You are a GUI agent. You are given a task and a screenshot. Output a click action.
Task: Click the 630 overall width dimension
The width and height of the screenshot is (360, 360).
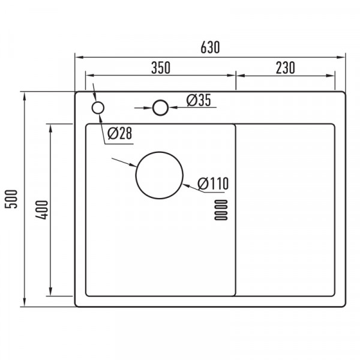(210, 47)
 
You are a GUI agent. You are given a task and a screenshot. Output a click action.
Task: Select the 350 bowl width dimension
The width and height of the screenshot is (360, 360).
(161, 68)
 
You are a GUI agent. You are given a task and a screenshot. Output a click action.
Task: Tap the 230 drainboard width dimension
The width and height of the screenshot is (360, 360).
(285, 68)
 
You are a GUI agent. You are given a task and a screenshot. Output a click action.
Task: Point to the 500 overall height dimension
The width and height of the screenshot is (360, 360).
(11, 199)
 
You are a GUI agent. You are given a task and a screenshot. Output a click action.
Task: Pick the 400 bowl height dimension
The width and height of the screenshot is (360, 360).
(42, 210)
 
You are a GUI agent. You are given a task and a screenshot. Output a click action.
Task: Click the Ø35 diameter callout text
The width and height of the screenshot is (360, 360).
(199, 100)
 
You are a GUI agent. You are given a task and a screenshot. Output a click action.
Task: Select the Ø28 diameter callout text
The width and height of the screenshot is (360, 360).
(119, 133)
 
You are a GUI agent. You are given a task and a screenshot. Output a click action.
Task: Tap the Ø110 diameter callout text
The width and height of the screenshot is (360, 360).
(213, 183)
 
